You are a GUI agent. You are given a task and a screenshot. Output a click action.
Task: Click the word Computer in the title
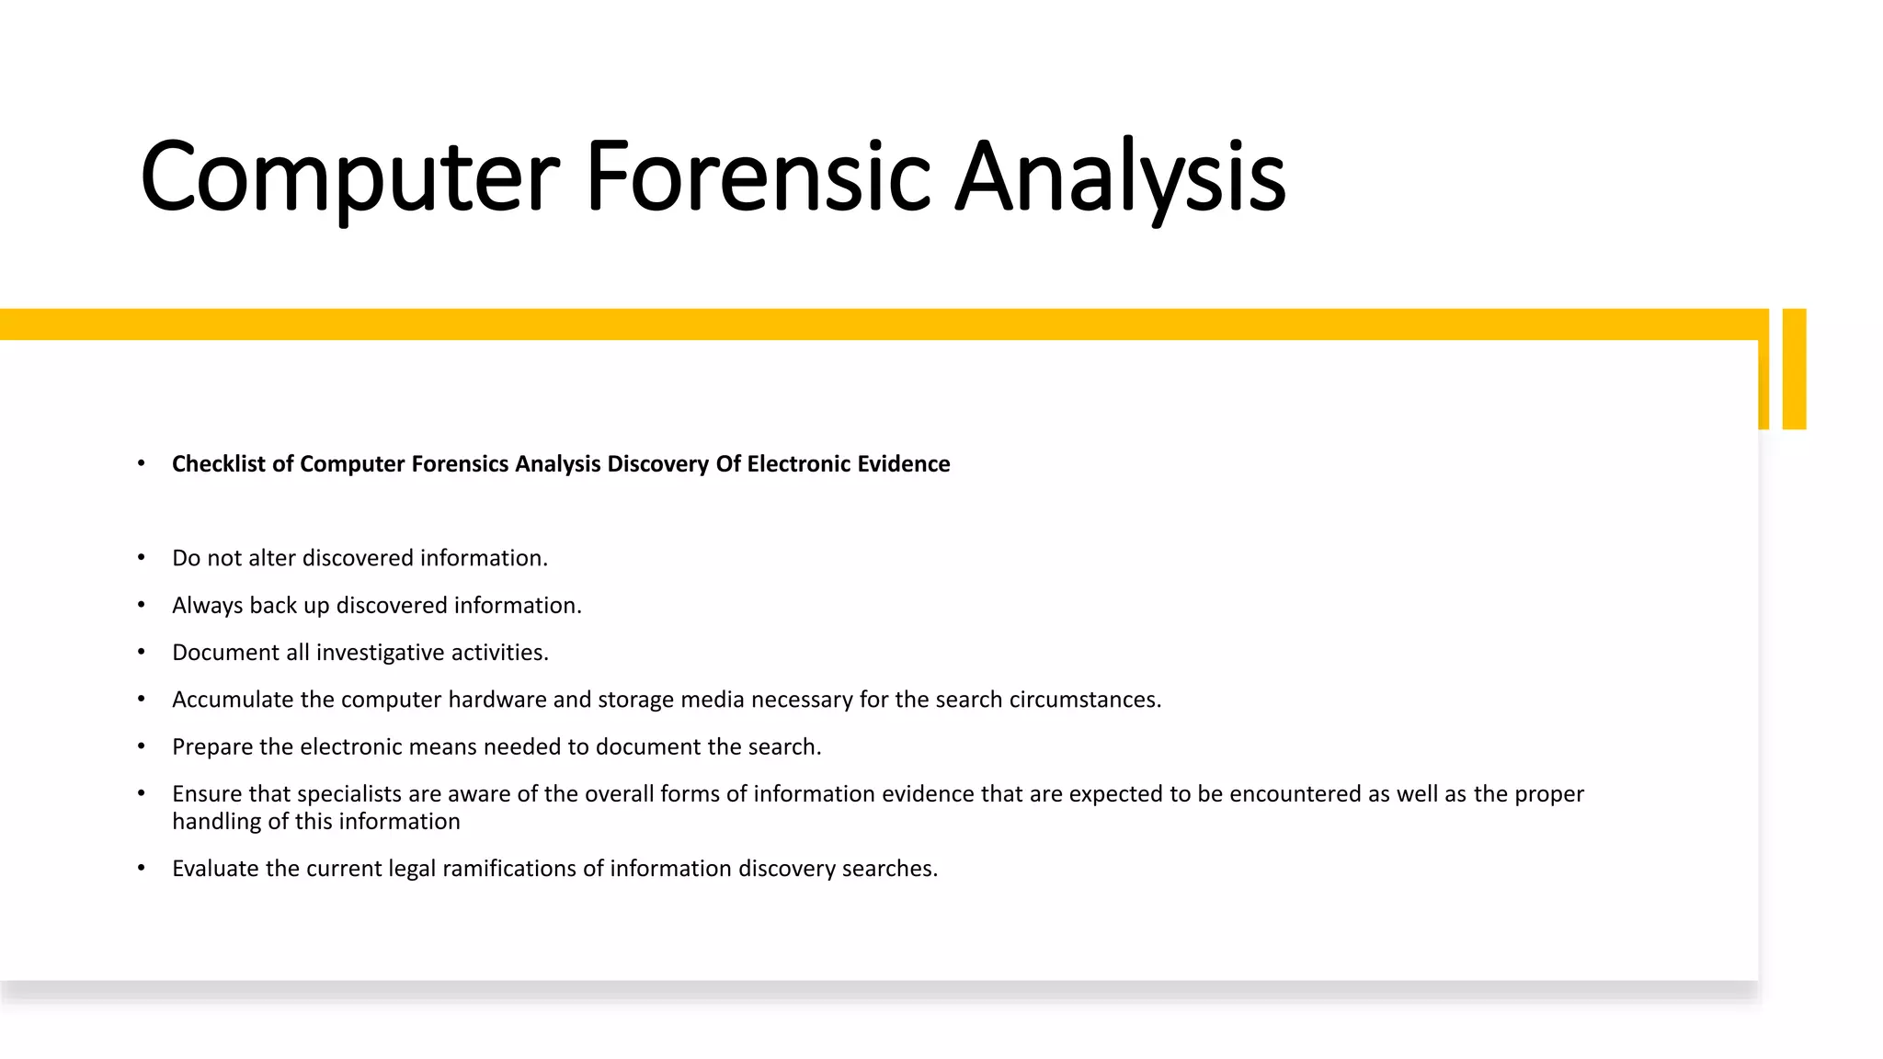tap(349, 176)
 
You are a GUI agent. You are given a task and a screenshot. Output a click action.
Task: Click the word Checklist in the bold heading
tap(219, 464)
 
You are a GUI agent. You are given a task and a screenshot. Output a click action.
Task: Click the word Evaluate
tap(215, 869)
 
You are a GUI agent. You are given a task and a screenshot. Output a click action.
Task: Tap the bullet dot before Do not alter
tap(142, 558)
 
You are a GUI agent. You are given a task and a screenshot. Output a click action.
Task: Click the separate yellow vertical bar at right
tap(1794, 369)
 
